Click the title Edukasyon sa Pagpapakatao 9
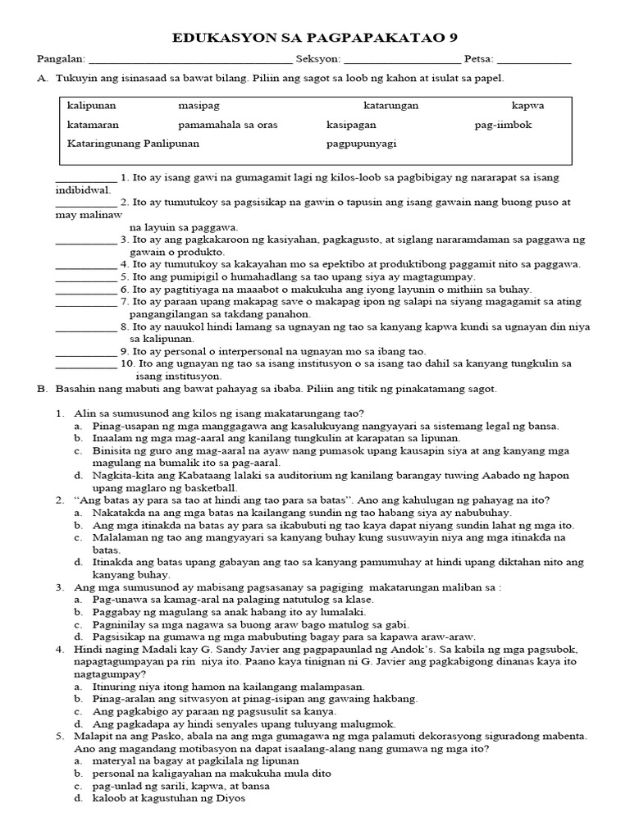[x=315, y=38]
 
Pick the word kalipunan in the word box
[x=92, y=107]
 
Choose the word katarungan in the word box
[x=391, y=107]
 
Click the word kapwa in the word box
[x=527, y=107]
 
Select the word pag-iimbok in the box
[x=503, y=125]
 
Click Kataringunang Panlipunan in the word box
[x=133, y=143]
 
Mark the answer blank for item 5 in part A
[x=85, y=277]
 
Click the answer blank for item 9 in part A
[x=85, y=351]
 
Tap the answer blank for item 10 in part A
[x=85, y=363]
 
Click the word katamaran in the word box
[x=93, y=125]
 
